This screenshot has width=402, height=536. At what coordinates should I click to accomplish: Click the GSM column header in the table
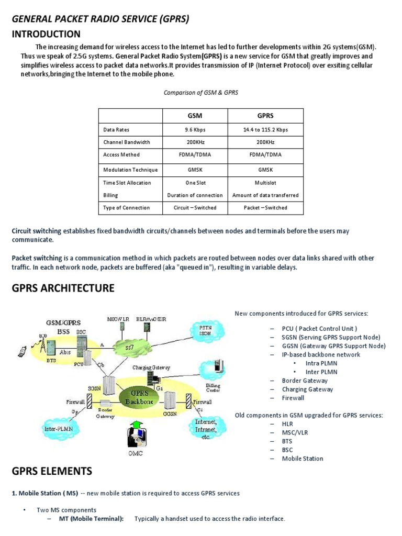pyautogui.click(x=195, y=116)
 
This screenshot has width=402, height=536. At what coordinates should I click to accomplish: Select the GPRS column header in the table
pyautogui.click(x=265, y=116)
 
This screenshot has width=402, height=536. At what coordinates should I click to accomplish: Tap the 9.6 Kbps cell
pyautogui.click(x=195, y=130)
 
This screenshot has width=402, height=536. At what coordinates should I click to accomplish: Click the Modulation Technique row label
pyautogui.click(x=130, y=170)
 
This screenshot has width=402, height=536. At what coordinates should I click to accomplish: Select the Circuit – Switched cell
pyautogui.click(x=195, y=208)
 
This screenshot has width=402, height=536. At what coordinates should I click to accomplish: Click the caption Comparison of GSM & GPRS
pyautogui.click(x=200, y=92)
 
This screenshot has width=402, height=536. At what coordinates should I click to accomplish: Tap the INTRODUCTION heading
pyautogui.click(x=46, y=35)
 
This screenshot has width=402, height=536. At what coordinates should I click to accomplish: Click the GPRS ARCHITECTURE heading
pyautogui.click(x=63, y=288)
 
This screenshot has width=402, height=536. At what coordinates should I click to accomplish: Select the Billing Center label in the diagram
pyautogui.click(x=213, y=387)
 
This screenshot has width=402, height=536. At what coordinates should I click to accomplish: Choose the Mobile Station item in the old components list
pyautogui.click(x=302, y=459)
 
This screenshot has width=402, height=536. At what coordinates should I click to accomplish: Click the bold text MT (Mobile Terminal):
pyautogui.click(x=87, y=519)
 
